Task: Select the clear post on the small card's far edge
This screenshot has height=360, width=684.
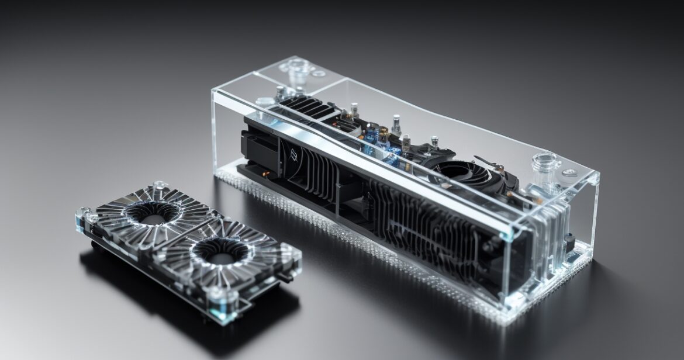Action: tap(158, 185)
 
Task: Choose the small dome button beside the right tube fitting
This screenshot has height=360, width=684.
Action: tap(569, 172)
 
